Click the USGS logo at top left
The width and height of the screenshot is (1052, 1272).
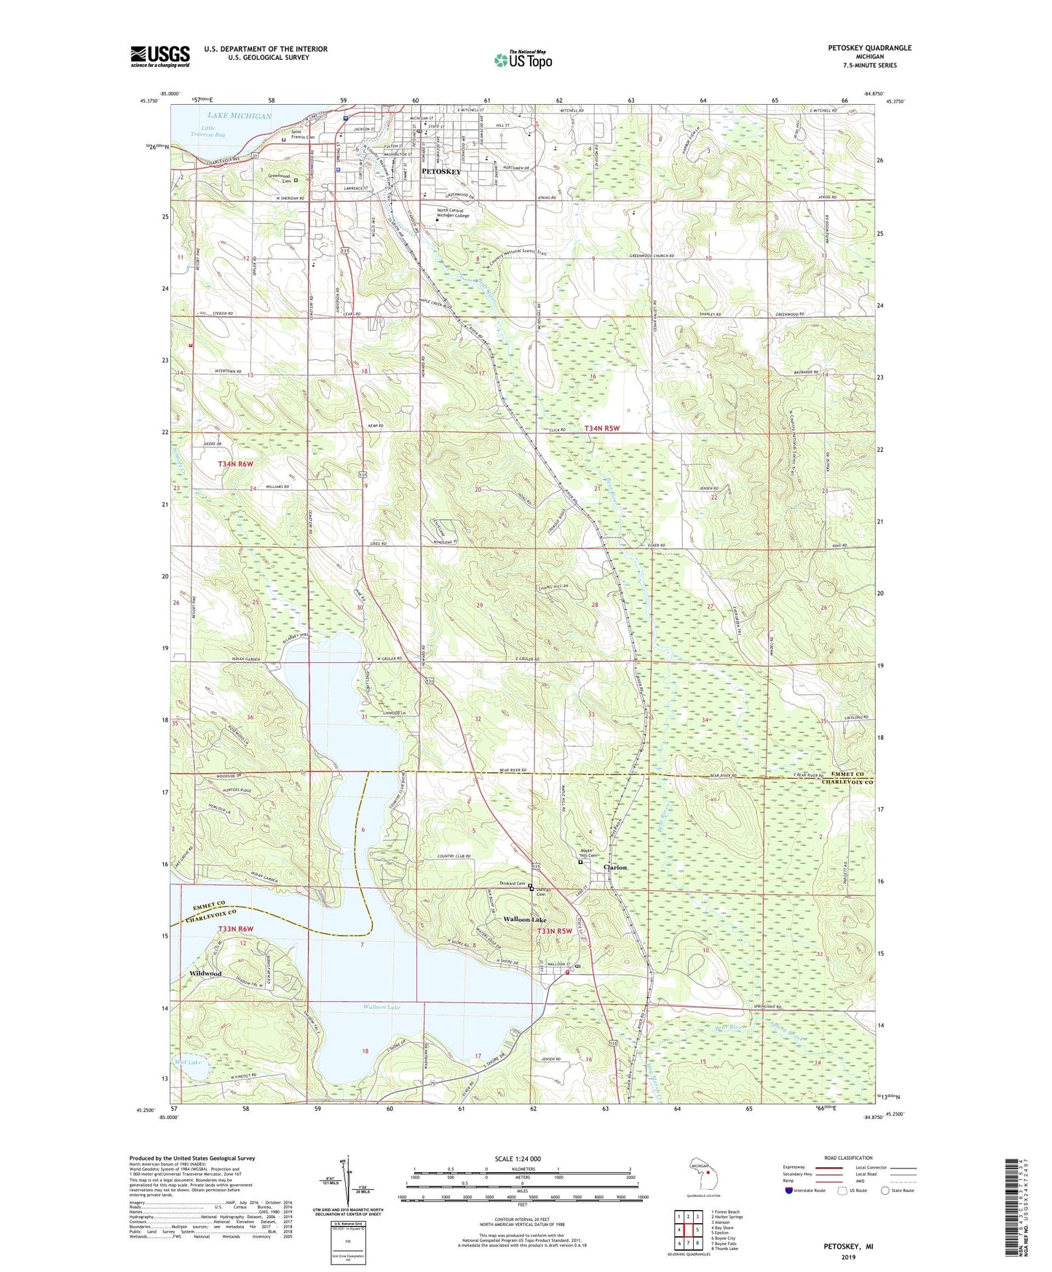(x=159, y=55)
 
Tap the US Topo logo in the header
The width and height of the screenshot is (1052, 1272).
(x=523, y=60)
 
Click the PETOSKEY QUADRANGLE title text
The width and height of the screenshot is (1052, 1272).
(x=869, y=48)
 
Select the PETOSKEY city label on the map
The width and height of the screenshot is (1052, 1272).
(x=442, y=171)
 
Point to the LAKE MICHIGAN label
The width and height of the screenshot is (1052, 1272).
(x=239, y=116)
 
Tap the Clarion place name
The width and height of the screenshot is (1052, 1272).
(x=614, y=868)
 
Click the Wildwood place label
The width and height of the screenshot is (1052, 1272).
(x=205, y=973)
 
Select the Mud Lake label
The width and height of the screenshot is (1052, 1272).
(x=188, y=1062)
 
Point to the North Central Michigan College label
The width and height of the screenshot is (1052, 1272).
(x=453, y=213)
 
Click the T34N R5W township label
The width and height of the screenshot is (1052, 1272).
(x=601, y=428)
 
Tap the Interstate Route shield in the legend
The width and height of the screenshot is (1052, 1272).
(x=791, y=1190)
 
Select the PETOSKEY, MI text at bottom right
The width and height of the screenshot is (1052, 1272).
(x=848, y=1247)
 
